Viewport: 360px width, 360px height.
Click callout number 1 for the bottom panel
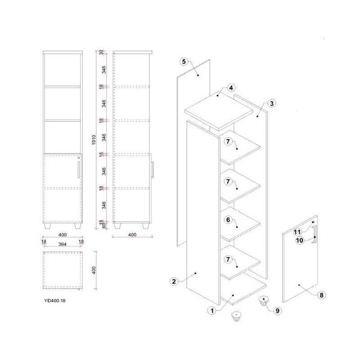click(212, 311)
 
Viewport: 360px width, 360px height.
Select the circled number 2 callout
click(174, 282)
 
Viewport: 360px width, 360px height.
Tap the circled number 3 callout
click(272, 103)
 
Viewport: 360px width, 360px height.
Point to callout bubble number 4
click(231, 88)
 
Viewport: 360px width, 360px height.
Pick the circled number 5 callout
click(184, 62)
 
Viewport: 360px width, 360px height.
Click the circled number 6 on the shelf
click(228, 220)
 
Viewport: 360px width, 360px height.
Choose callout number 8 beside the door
click(321, 295)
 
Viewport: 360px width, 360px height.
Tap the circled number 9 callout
click(277, 310)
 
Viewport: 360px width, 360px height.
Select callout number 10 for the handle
click(300, 240)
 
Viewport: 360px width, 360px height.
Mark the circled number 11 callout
click(297, 232)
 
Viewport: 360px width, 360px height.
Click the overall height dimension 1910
click(94, 140)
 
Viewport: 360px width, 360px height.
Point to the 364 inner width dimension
click(62, 244)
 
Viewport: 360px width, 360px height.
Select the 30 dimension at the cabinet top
click(101, 52)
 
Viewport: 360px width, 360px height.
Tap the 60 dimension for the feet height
click(104, 226)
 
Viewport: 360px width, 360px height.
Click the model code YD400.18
click(55, 301)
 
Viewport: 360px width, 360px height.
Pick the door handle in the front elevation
click(78, 170)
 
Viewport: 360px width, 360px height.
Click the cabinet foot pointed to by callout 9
click(264, 301)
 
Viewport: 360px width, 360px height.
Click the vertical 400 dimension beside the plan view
click(94, 270)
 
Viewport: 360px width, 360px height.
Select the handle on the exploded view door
click(315, 234)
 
